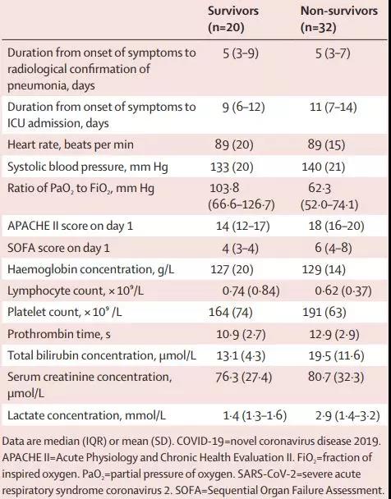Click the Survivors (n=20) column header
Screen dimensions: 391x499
tap(233, 19)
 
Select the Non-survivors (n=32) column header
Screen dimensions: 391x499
tap(339, 19)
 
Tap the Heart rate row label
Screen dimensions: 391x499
tap(71, 144)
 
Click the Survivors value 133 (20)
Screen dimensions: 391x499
tap(232, 167)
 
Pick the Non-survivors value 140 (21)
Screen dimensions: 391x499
tap(324, 167)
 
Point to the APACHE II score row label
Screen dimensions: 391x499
tap(70, 226)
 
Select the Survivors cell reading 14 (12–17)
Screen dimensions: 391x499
tap(243, 226)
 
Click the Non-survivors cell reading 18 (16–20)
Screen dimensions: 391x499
tap(336, 226)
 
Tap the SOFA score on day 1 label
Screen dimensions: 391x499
tap(58, 248)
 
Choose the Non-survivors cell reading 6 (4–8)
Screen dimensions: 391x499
tap(333, 248)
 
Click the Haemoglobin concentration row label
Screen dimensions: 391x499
tap(90, 269)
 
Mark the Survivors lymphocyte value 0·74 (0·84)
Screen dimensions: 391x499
tap(251, 291)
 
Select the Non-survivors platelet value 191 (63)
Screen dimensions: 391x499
tap(324, 312)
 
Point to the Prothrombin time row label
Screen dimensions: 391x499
tap(59, 334)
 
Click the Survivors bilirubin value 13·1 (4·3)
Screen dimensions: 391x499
tap(241, 356)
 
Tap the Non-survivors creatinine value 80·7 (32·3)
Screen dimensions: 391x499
tap(336, 377)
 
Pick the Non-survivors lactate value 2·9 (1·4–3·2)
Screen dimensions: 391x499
tap(347, 415)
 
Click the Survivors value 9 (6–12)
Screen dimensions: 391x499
tap(244, 108)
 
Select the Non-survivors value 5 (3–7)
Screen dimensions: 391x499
tap(333, 53)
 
